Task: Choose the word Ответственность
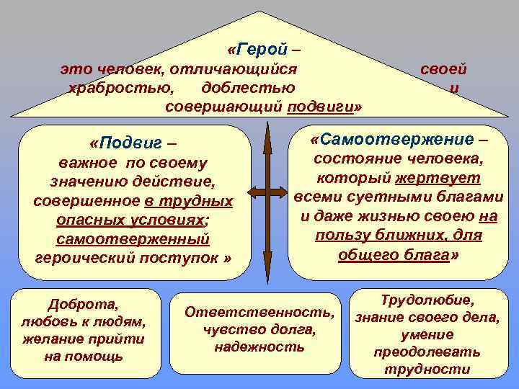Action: coord(260,313)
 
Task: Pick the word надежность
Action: coord(259,346)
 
